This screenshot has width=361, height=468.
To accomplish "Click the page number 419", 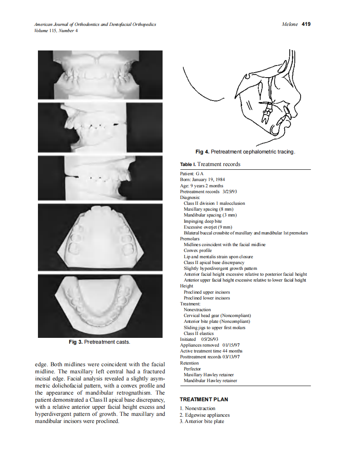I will coord(306,24).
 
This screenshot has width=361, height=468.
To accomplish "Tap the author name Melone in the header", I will coord(290,24).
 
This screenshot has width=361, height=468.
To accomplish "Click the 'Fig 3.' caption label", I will coord(76,342).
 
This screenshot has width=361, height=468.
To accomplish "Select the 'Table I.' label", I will coord(188,164).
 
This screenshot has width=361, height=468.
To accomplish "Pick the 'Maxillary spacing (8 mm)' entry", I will coord(208,209).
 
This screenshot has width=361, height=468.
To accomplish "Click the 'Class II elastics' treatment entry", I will coord(198,333).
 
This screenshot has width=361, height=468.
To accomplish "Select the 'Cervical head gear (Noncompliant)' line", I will coord(217,316).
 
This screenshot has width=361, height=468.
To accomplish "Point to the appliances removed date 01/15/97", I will coord(231,345).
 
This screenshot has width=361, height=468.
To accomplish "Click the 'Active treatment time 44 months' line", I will coord(211,351).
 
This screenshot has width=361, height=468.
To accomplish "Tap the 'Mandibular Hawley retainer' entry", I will coord(211,380).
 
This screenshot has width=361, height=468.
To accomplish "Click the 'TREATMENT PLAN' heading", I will coord(204,399).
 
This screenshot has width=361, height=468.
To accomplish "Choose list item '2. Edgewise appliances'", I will coord(205,415).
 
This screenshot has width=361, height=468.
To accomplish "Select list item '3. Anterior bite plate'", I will coord(202,421).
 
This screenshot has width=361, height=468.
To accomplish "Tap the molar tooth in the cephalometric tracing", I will coord(266,113).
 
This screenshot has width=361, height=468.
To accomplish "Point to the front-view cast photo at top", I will coord(100,75).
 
